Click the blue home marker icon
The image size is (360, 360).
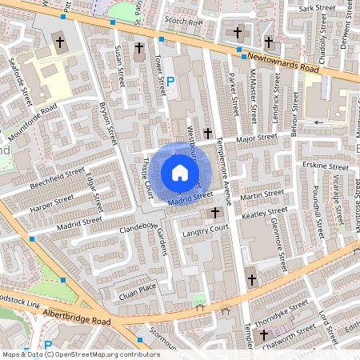pyautogui.click(x=180, y=173)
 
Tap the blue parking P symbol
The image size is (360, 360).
pyautogui.click(x=170, y=81)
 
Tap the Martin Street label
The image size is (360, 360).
pyautogui.click(x=262, y=194)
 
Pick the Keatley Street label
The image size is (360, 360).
pyautogui.click(x=267, y=213)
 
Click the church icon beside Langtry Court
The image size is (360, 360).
pyautogui.click(x=214, y=213)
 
